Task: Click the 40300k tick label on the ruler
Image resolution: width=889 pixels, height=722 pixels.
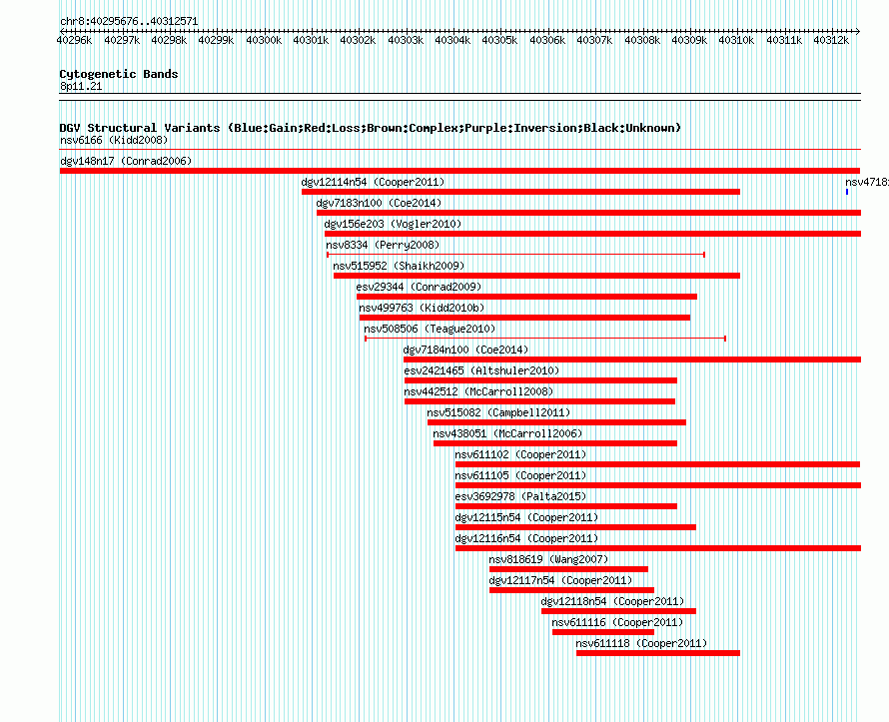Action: tap(264, 40)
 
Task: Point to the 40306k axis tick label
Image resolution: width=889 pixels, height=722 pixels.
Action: tap(547, 40)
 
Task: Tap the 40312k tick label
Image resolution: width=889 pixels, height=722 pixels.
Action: tap(831, 40)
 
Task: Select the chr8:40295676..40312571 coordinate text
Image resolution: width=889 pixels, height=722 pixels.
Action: tap(129, 22)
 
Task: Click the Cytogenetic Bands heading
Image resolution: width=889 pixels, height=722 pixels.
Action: tap(119, 74)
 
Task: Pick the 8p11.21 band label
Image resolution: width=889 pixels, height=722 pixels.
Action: tap(81, 86)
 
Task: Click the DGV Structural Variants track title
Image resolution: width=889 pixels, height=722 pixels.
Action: tap(371, 128)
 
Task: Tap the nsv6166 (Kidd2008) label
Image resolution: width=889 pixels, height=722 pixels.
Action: tap(114, 140)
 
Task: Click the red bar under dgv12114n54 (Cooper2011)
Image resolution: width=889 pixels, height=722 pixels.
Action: tap(520, 192)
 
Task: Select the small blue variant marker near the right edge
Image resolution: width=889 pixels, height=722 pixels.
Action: tap(847, 192)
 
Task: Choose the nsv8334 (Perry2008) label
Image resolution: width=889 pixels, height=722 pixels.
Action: tap(383, 245)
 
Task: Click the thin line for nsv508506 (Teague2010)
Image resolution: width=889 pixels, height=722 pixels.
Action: tap(545, 339)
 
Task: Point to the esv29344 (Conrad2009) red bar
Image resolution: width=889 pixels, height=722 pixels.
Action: tap(526, 297)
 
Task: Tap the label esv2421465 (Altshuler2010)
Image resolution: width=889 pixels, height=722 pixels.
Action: tap(481, 370)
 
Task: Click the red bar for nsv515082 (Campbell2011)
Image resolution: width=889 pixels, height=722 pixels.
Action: tap(556, 422)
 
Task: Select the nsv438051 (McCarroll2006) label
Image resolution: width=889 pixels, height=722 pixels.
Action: tap(507, 433)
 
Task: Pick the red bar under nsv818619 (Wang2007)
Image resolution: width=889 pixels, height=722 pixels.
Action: tap(568, 569)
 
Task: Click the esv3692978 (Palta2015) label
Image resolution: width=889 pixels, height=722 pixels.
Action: tap(520, 496)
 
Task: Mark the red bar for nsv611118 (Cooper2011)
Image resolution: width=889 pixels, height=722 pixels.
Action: tap(658, 653)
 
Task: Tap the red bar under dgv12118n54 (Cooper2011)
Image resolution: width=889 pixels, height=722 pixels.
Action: tap(618, 611)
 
